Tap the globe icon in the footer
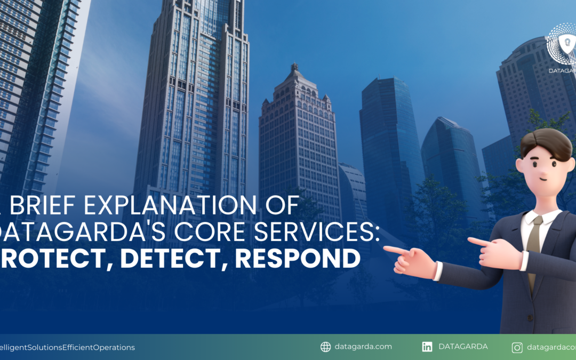[x=325, y=347]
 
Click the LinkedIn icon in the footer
[x=427, y=347]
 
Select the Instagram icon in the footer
[x=517, y=348]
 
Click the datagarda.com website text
[x=364, y=347]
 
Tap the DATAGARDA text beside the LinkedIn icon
[x=463, y=347]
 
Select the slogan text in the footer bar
[x=67, y=347]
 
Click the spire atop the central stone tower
[x=294, y=68]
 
